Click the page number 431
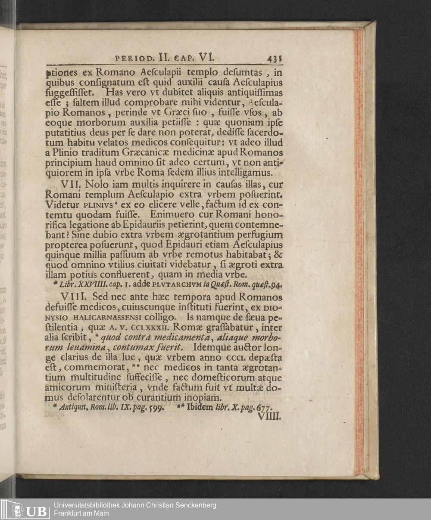274,58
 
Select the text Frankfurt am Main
81,514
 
